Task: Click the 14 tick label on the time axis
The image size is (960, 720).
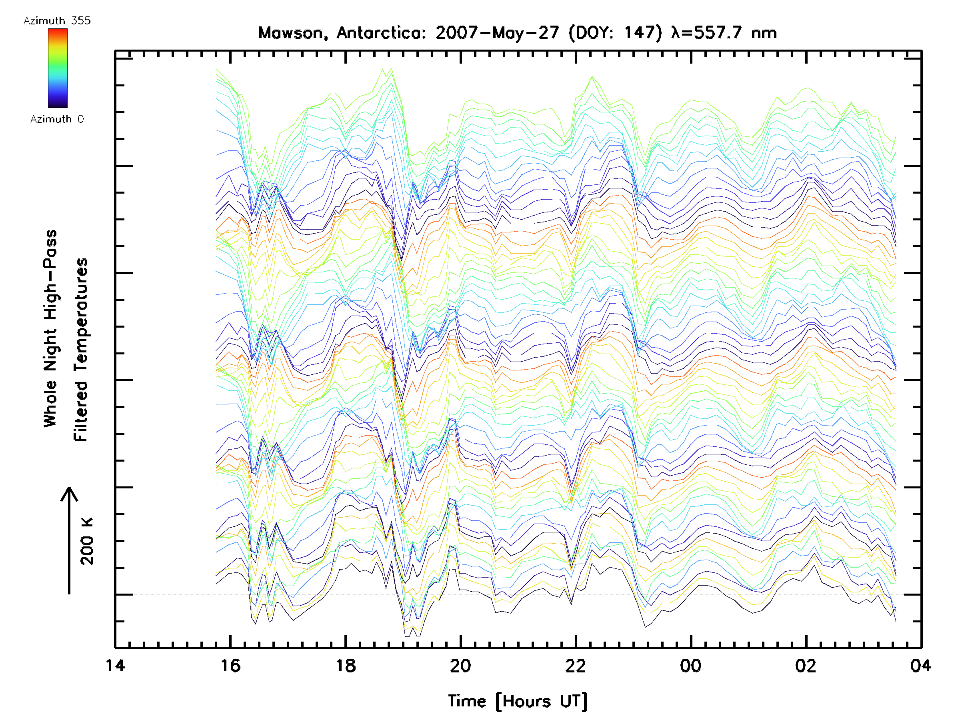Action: tap(115, 665)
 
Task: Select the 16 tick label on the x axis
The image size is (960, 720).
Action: tap(230, 665)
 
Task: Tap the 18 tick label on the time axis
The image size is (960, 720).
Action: tap(346, 665)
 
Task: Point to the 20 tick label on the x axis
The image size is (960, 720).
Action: tap(460, 665)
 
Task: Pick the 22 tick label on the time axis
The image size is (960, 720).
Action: tap(576, 665)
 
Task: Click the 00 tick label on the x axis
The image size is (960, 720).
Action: tap(691, 665)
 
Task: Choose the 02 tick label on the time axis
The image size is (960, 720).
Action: tap(806, 665)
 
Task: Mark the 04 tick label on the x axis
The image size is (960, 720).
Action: tap(920, 665)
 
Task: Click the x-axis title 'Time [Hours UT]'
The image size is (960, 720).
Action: tap(518, 701)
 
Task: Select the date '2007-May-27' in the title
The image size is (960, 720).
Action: tap(497, 33)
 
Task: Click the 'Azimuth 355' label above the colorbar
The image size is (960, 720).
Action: tap(57, 20)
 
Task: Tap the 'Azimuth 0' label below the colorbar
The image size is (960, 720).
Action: tap(57, 119)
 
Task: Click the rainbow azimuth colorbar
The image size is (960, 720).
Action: tap(58, 68)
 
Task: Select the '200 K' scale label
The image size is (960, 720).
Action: tap(87, 541)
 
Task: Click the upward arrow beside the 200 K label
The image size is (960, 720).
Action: tap(69, 540)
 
